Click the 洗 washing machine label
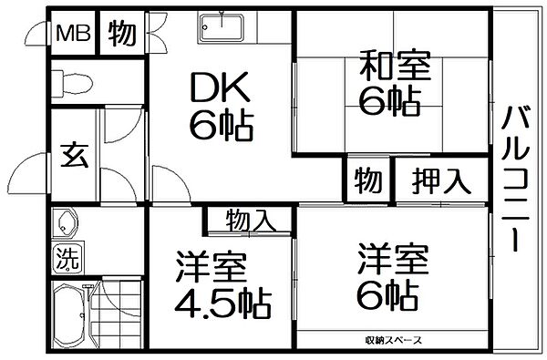67,254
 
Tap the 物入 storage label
249,219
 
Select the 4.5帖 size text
222,301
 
